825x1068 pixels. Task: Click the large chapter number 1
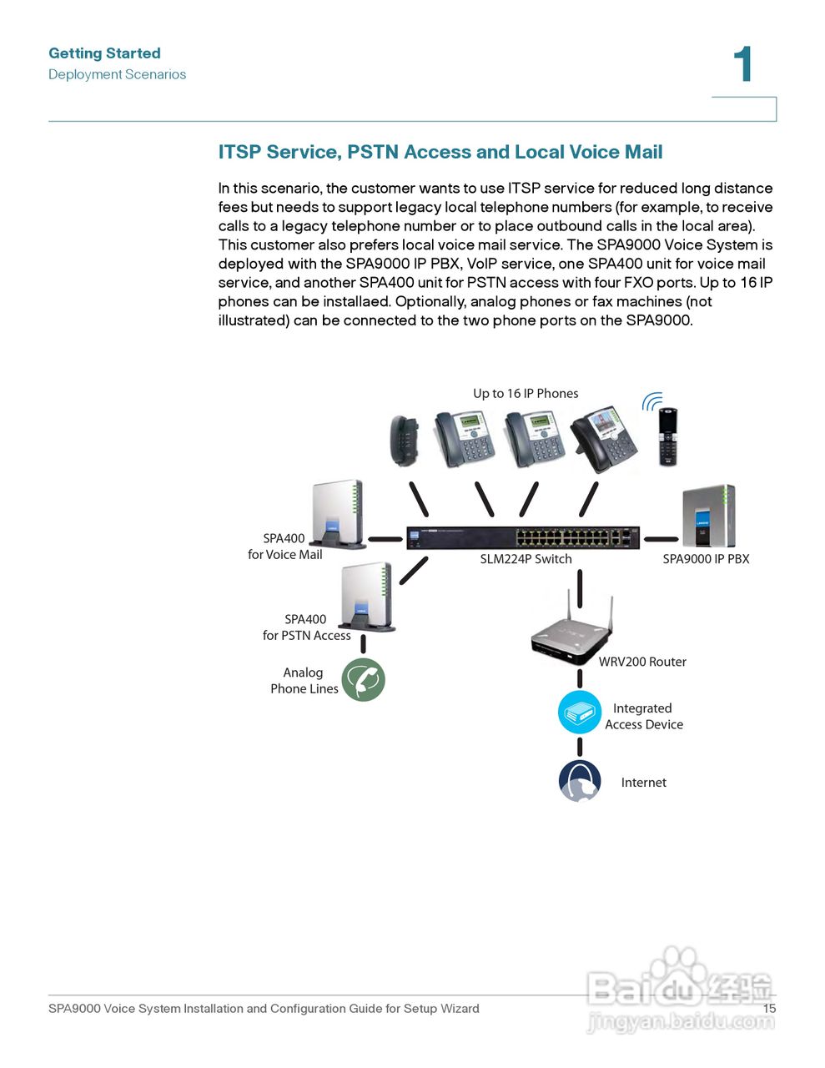[742, 64]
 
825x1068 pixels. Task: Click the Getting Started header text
[104, 53]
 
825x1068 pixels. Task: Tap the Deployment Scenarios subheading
[117, 74]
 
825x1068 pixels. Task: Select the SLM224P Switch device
[523, 537]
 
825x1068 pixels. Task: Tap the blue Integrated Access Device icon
[580, 713]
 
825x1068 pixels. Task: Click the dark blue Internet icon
[580, 781]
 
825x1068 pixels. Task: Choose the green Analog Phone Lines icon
[363, 679]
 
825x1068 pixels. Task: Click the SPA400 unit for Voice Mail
[338, 514]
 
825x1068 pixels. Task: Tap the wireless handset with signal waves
[667, 436]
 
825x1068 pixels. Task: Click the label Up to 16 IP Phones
[526, 394]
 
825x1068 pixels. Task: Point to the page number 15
[769, 1008]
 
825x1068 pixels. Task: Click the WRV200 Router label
[642, 662]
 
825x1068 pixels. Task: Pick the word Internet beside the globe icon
[643, 783]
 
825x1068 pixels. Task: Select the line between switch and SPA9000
[661, 539]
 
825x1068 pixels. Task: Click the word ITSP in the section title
[239, 152]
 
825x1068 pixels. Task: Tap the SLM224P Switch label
[526, 559]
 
